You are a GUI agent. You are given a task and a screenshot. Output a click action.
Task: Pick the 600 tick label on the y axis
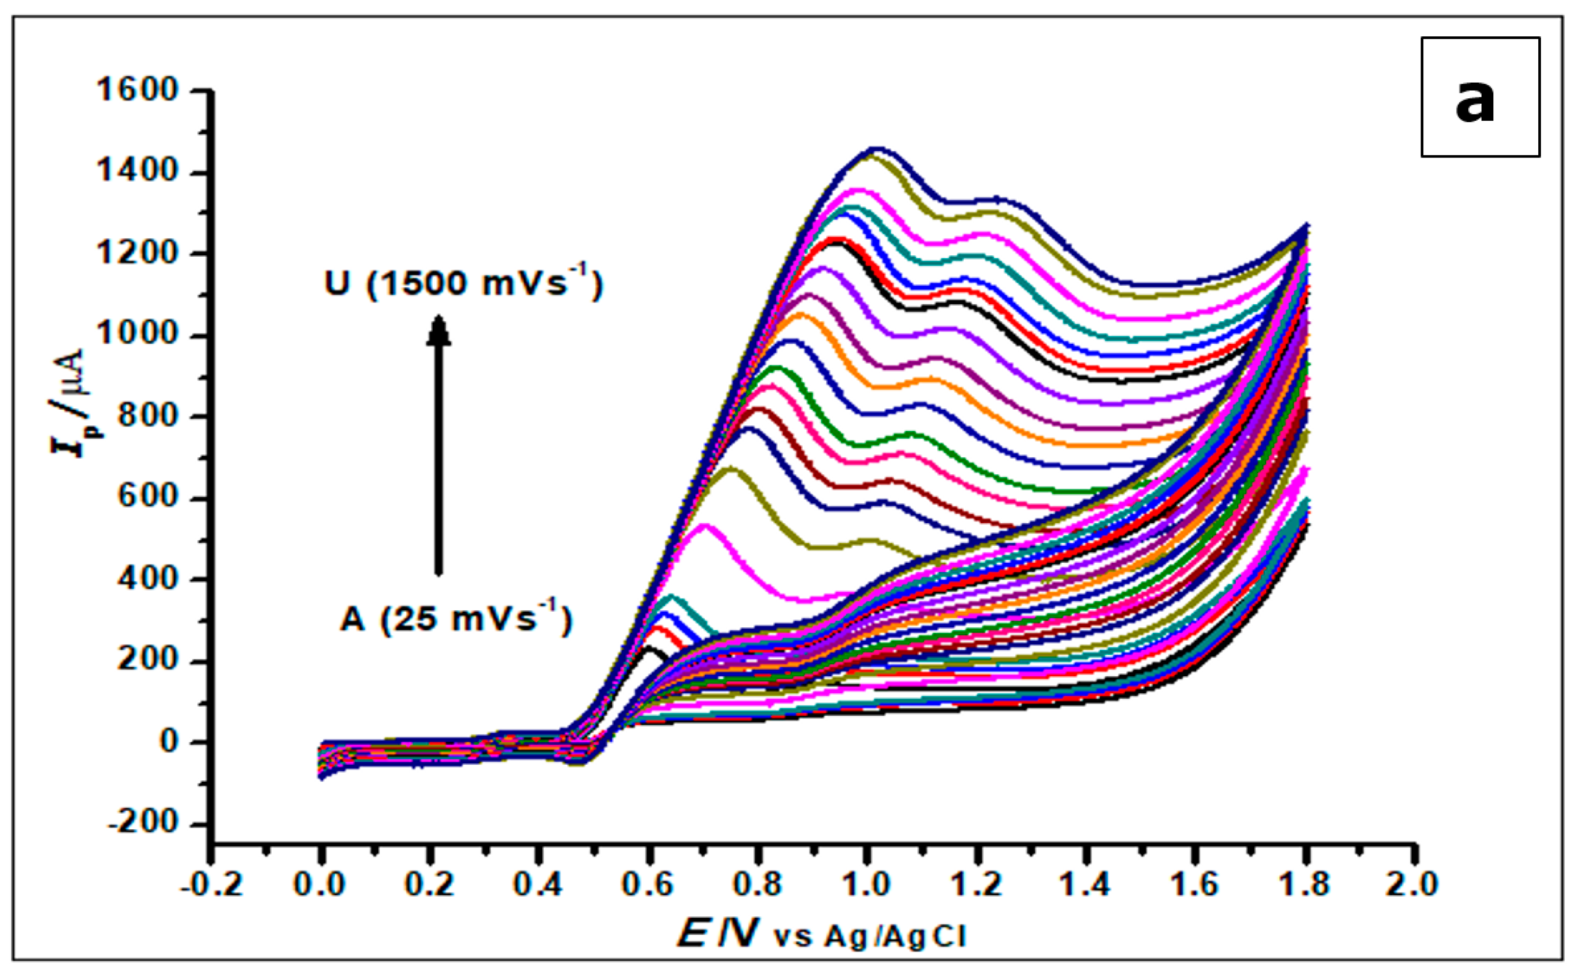pyautogui.click(x=147, y=498)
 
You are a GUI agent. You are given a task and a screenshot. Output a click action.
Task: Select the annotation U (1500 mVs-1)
pyautogui.click(x=463, y=283)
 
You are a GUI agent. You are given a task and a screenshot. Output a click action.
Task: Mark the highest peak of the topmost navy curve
pyautogui.click(x=878, y=149)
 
